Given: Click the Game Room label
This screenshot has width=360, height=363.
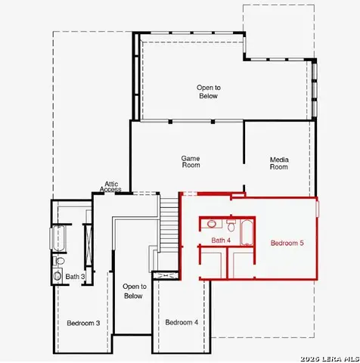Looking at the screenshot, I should click(191, 161).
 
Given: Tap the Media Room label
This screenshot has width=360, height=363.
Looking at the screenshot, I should click(279, 163).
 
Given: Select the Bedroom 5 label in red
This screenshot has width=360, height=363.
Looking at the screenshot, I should click(287, 243).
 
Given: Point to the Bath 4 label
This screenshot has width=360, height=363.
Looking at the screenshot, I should click(221, 240).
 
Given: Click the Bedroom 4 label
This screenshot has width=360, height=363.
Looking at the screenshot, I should click(182, 322).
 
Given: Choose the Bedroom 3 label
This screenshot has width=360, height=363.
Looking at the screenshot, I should click(83, 323).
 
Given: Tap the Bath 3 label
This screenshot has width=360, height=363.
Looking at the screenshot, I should click(75, 277).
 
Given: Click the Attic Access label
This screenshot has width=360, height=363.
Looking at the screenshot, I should click(111, 187).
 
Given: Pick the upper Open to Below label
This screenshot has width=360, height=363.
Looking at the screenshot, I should click(208, 92).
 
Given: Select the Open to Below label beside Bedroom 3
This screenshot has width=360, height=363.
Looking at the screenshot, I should click(134, 291).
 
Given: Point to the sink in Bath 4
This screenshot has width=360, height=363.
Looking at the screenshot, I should click(213, 225).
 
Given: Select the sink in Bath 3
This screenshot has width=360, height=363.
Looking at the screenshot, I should click(57, 276).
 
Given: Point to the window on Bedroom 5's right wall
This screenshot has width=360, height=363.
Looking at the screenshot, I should click(318, 208).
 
